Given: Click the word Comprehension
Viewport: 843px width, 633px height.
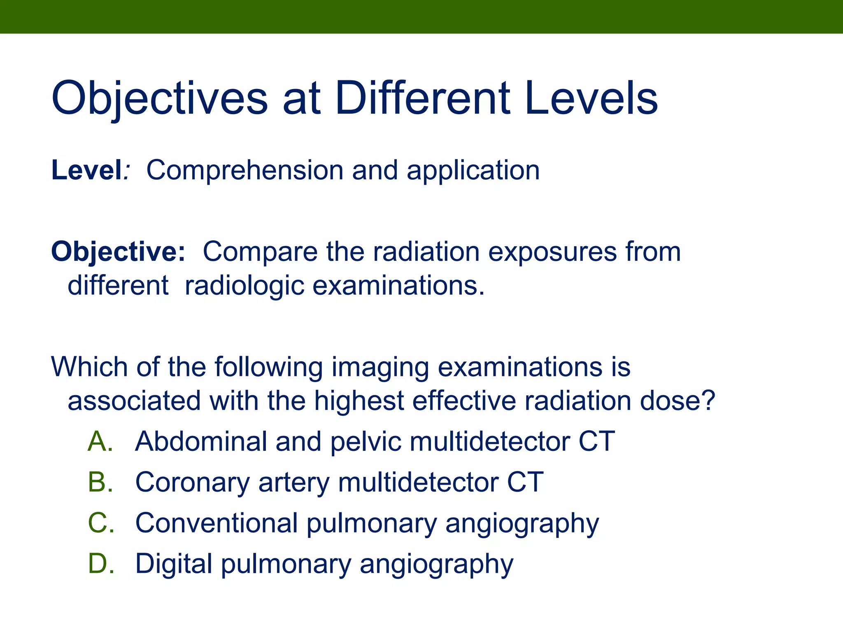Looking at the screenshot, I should pyautogui.click(x=245, y=171).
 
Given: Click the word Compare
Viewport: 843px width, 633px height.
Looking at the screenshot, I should pyautogui.click(x=260, y=252).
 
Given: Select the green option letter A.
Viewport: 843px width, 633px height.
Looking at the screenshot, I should pyautogui.click(x=100, y=441).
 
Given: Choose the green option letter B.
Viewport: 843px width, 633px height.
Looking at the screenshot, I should pyautogui.click(x=100, y=482).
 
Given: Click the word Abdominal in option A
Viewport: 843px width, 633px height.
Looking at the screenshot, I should pyautogui.click(x=201, y=441).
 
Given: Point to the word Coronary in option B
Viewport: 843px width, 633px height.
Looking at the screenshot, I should pyautogui.click(x=192, y=483).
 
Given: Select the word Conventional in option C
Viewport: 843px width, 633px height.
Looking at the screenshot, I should pyautogui.click(x=216, y=523).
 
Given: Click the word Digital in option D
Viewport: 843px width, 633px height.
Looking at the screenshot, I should pyautogui.click(x=173, y=564).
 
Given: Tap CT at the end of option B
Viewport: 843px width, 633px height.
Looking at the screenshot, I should pyautogui.click(x=525, y=482).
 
